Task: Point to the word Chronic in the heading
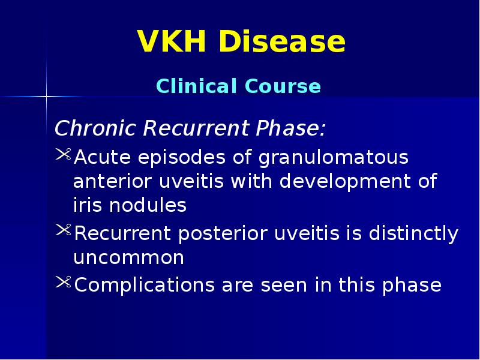click(90, 128)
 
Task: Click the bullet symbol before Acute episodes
click(63, 157)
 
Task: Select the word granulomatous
click(334, 158)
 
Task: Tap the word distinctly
click(411, 234)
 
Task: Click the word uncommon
click(128, 258)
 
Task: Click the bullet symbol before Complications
click(63, 283)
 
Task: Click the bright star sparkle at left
click(46, 96)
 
